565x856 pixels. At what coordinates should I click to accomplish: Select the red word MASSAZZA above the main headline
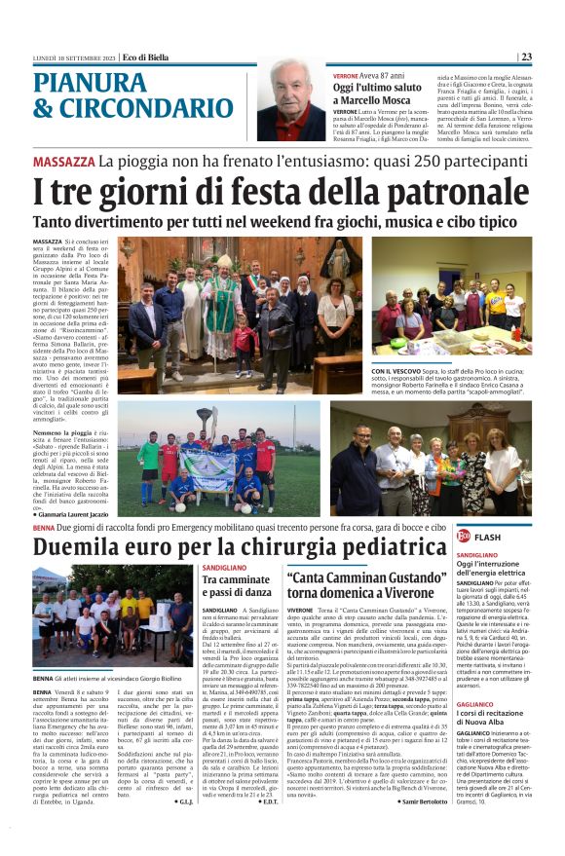point(62,161)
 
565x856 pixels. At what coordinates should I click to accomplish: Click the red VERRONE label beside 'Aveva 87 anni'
point(346,76)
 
